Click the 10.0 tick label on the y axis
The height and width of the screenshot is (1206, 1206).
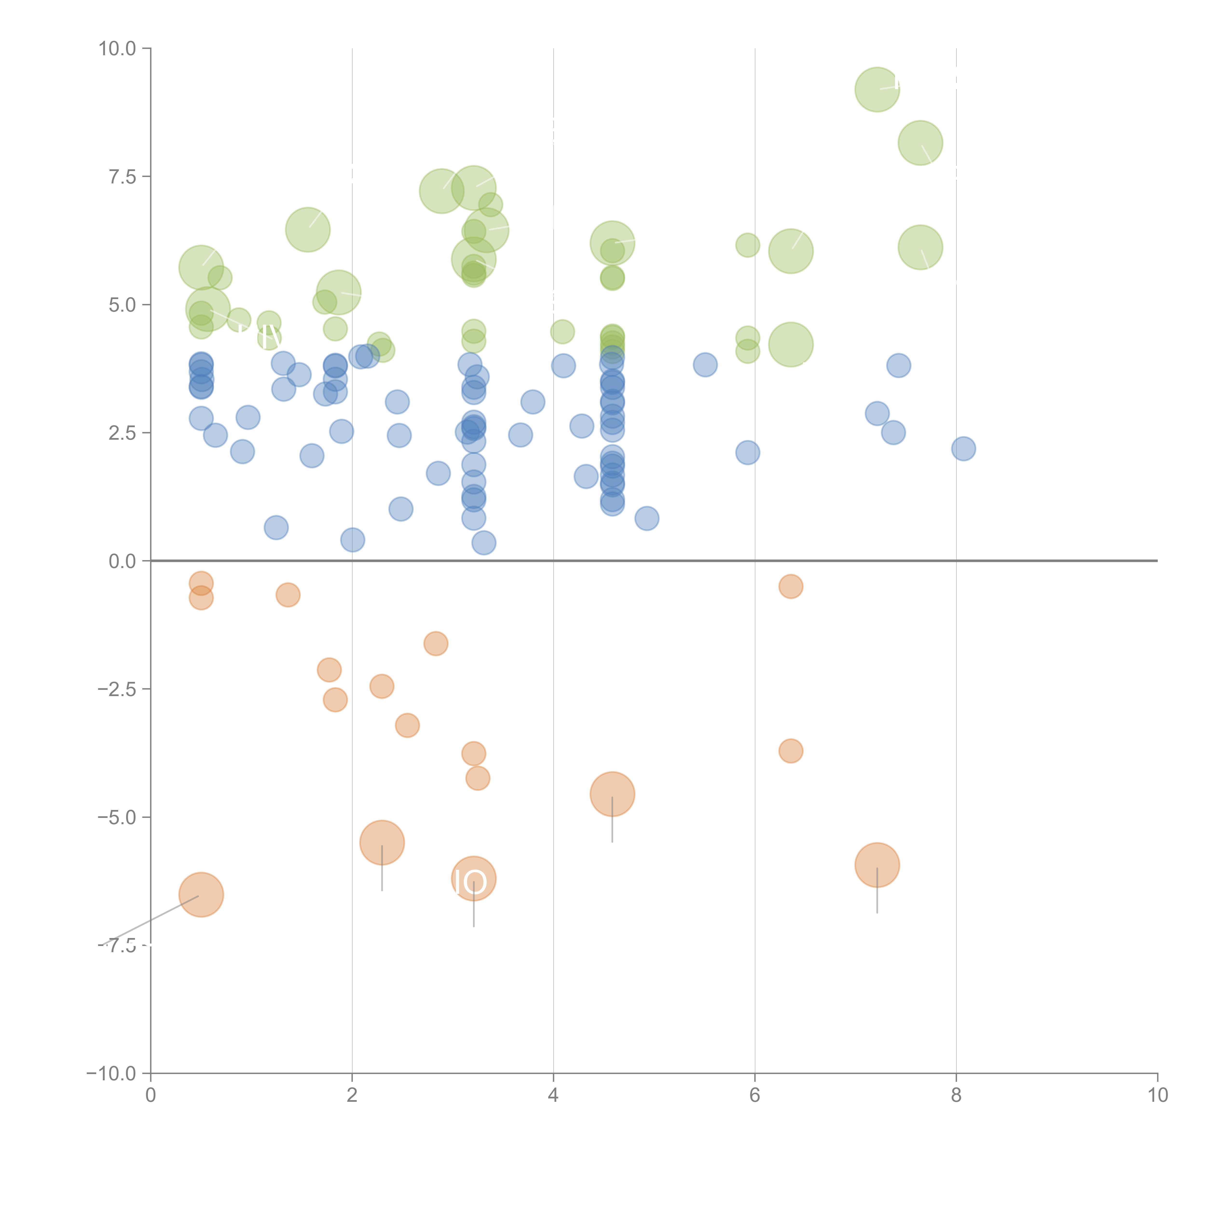pyautogui.click(x=117, y=49)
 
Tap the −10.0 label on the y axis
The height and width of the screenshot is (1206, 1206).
pyautogui.click(x=111, y=1074)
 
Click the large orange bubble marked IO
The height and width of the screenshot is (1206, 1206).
pyautogui.click(x=474, y=879)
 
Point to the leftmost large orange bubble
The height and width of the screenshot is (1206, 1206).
pyautogui.click(x=201, y=895)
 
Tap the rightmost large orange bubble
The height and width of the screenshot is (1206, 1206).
pyautogui.click(x=877, y=864)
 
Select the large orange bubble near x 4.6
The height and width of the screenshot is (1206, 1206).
pyautogui.click(x=612, y=794)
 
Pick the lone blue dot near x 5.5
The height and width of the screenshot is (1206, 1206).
pyautogui.click(x=705, y=364)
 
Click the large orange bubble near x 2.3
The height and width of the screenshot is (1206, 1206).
pyautogui.click(x=382, y=843)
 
